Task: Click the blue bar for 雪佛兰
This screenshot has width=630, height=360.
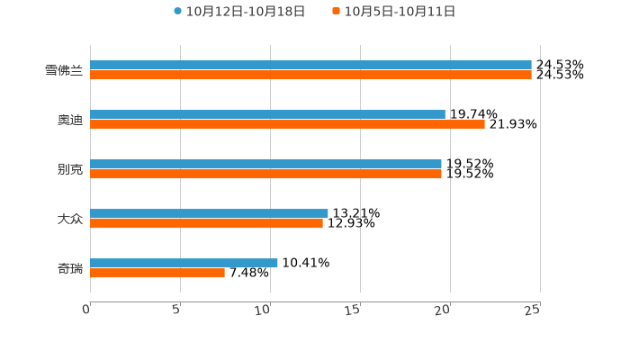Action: pyautogui.click(x=310, y=65)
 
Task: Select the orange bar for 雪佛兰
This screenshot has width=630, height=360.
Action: pyautogui.click(x=310, y=76)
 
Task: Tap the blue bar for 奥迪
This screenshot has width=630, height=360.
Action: pyautogui.click(x=267, y=114)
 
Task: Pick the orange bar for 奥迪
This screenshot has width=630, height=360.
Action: pyautogui.click(x=287, y=125)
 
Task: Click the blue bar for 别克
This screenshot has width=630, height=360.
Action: pyautogui.click(x=265, y=164)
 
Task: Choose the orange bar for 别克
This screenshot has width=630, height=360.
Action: pyautogui.click(x=265, y=175)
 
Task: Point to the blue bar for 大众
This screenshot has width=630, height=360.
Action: pyautogui.click(x=209, y=213)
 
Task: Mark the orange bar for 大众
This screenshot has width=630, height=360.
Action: pyautogui.click(x=206, y=224)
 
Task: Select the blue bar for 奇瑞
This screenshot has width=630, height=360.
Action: pyautogui.click(x=184, y=263)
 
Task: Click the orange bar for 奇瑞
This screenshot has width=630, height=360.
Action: pyautogui.click(x=157, y=274)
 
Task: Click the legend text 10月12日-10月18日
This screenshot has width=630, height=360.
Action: pyautogui.click(x=246, y=12)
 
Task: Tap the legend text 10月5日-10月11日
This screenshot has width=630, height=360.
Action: pyautogui.click(x=400, y=12)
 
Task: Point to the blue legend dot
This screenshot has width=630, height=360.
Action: pyautogui.click(x=178, y=12)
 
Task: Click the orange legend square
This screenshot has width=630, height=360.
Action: pyautogui.click(x=337, y=12)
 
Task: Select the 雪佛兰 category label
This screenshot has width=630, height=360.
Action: pyautogui.click(x=64, y=70)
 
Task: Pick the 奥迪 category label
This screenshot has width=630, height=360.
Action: pyautogui.click(x=70, y=120)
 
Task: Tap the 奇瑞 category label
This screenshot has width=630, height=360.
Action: pyautogui.click(x=70, y=268)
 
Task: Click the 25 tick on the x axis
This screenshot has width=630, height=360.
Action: pyautogui.click(x=533, y=310)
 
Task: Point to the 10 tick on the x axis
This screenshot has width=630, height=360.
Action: pyautogui.click(x=264, y=310)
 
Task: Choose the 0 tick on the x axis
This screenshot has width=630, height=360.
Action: pyautogui.click(x=86, y=310)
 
